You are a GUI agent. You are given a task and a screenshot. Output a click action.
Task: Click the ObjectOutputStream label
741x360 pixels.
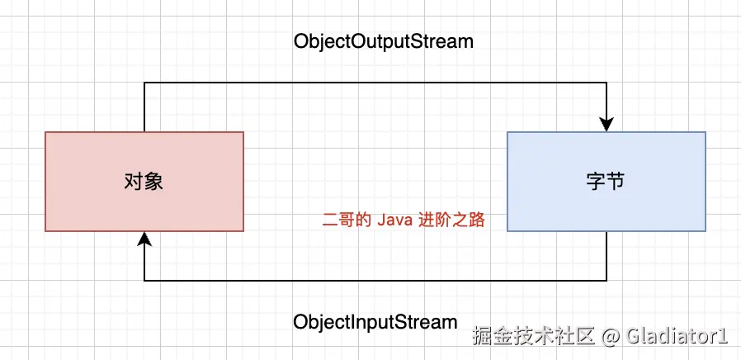pos(384,41)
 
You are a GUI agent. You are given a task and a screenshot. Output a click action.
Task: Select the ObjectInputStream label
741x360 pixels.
pos(375,321)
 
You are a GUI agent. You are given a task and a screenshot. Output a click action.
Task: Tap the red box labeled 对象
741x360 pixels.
pos(144,211)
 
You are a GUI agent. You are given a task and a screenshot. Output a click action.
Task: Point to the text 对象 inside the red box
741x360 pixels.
pos(144,182)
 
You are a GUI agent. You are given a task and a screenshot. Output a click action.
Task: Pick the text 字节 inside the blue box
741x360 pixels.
pos(606,182)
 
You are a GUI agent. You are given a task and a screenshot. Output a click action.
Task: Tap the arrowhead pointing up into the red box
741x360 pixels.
pos(144,238)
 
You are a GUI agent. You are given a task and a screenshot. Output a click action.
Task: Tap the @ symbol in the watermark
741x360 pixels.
pos(610,336)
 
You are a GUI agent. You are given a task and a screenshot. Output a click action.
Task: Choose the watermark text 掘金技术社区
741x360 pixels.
pos(532,336)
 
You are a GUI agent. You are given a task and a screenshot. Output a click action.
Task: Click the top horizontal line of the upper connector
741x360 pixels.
pos(375,83)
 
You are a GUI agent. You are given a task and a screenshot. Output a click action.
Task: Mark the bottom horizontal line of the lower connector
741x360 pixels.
pos(375,281)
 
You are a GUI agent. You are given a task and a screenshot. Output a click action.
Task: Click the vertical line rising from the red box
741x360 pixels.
pos(144,107)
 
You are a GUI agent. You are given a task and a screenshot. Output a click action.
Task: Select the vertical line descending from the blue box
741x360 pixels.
pos(606,256)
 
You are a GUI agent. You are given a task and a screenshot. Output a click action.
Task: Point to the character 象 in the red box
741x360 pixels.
pos(154,182)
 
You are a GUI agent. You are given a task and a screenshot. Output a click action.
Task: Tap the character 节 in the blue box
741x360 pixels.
pos(616,182)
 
